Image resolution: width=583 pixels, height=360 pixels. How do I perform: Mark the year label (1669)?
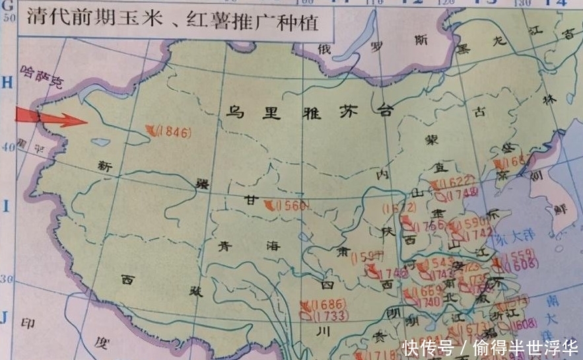coord(429,291)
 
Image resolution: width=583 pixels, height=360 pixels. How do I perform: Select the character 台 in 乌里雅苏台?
coord(378,112)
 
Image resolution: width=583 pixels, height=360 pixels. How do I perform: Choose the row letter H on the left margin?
coord(7,82)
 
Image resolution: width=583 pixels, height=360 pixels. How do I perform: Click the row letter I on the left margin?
coord(6,207)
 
